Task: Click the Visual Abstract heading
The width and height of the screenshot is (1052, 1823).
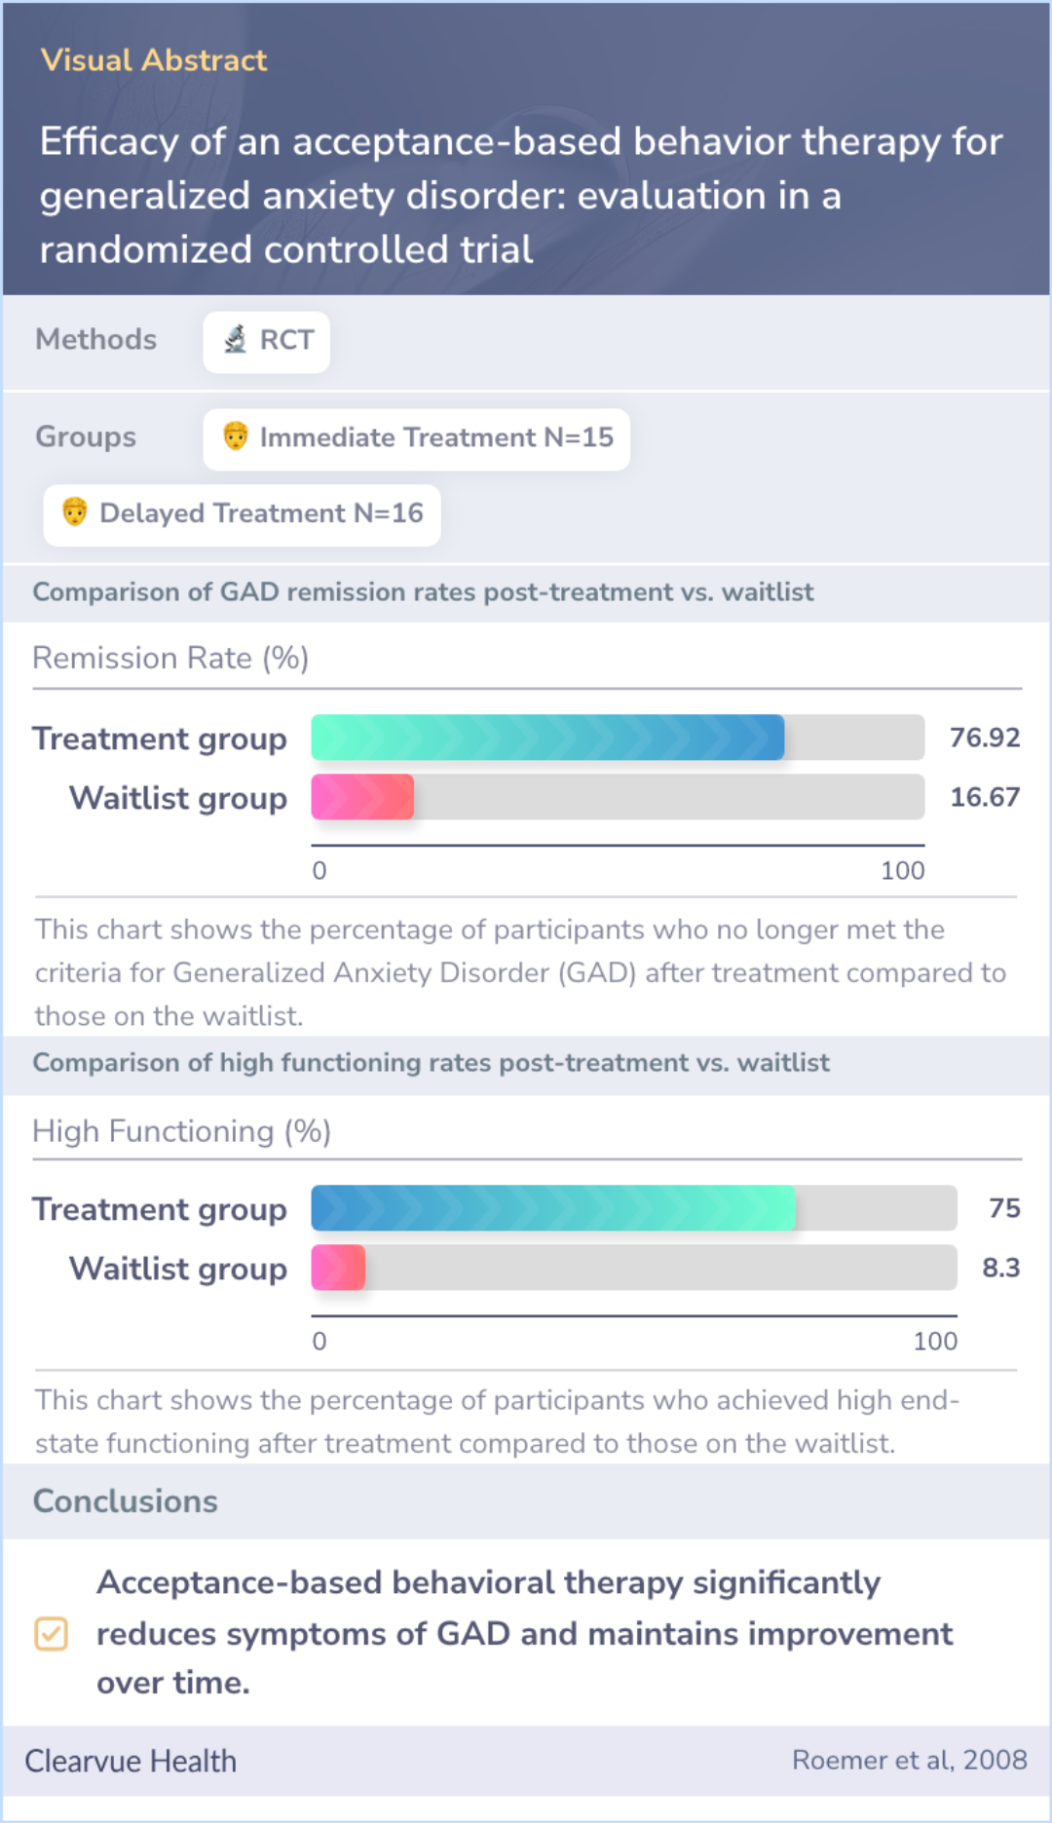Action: point(153,60)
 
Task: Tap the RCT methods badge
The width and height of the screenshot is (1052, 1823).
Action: point(266,341)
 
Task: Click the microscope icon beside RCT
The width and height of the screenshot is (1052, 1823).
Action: point(235,340)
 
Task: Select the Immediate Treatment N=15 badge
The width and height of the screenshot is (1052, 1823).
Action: point(416,438)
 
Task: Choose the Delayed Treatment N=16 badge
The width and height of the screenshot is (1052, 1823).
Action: point(242,514)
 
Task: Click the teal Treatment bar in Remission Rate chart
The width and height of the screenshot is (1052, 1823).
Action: point(547,738)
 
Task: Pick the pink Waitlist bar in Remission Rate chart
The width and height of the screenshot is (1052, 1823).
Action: point(362,797)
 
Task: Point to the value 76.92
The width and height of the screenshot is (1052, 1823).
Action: point(984,738)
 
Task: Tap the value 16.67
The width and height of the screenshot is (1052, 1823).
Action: point(984,797)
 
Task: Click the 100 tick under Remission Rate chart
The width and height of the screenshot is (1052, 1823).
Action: point(902,871)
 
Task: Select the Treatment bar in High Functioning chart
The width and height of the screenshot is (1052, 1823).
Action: point(552,1208)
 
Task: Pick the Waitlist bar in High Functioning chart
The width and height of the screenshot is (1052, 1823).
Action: point(338,1268)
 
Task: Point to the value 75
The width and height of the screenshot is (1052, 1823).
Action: point(1003,1208)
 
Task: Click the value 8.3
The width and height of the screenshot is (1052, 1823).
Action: point(1000,1268)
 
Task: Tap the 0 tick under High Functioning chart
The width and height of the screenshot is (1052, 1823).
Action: point(319,1342)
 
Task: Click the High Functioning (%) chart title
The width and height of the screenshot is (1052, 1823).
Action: point(182,1131)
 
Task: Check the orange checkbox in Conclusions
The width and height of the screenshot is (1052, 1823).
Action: point(51,1634)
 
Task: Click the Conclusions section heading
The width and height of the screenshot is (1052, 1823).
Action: point(126,1501)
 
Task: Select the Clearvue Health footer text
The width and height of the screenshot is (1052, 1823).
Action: point(131,1762)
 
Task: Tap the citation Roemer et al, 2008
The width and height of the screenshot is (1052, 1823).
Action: point(909,1760)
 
